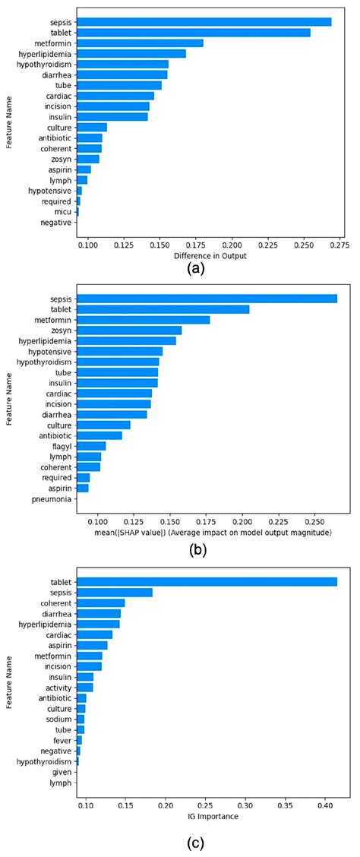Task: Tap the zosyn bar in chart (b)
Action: point(129,330)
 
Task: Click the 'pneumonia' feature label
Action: point(52,499)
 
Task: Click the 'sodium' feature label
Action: point(60,719)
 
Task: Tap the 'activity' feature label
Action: point(59,687)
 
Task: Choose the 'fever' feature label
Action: point(63,740)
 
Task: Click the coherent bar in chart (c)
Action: point(100,603)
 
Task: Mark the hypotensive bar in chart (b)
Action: point(119,351)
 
